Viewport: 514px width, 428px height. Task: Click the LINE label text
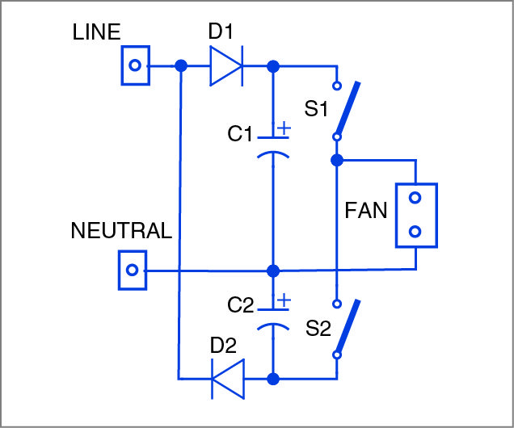96,32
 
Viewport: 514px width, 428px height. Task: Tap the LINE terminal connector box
137,65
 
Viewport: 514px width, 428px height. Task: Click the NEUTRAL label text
121,231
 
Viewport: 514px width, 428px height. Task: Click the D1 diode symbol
226,65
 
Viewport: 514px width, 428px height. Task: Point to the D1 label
221,33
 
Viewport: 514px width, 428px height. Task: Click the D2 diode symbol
227,377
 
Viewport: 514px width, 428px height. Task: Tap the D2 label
223,346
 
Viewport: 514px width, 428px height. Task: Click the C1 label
241,134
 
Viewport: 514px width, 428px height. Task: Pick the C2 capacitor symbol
273,316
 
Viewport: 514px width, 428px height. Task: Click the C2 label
241,306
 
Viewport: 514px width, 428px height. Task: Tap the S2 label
319,329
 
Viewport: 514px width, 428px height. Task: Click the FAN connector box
415,214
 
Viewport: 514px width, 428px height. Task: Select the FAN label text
366,212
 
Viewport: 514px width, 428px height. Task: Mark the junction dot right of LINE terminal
181,65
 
